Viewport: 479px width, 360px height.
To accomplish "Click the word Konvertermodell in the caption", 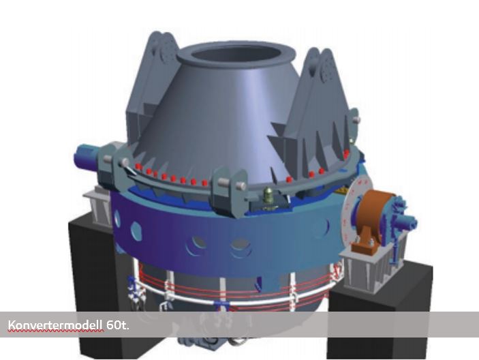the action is click(x=55, y=325).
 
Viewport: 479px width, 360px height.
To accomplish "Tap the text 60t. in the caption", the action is click(x=118, y=325).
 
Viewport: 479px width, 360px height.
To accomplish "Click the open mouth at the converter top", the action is click(x=236, y=56).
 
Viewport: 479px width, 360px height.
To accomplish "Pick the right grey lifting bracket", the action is click(x=318, y=113).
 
